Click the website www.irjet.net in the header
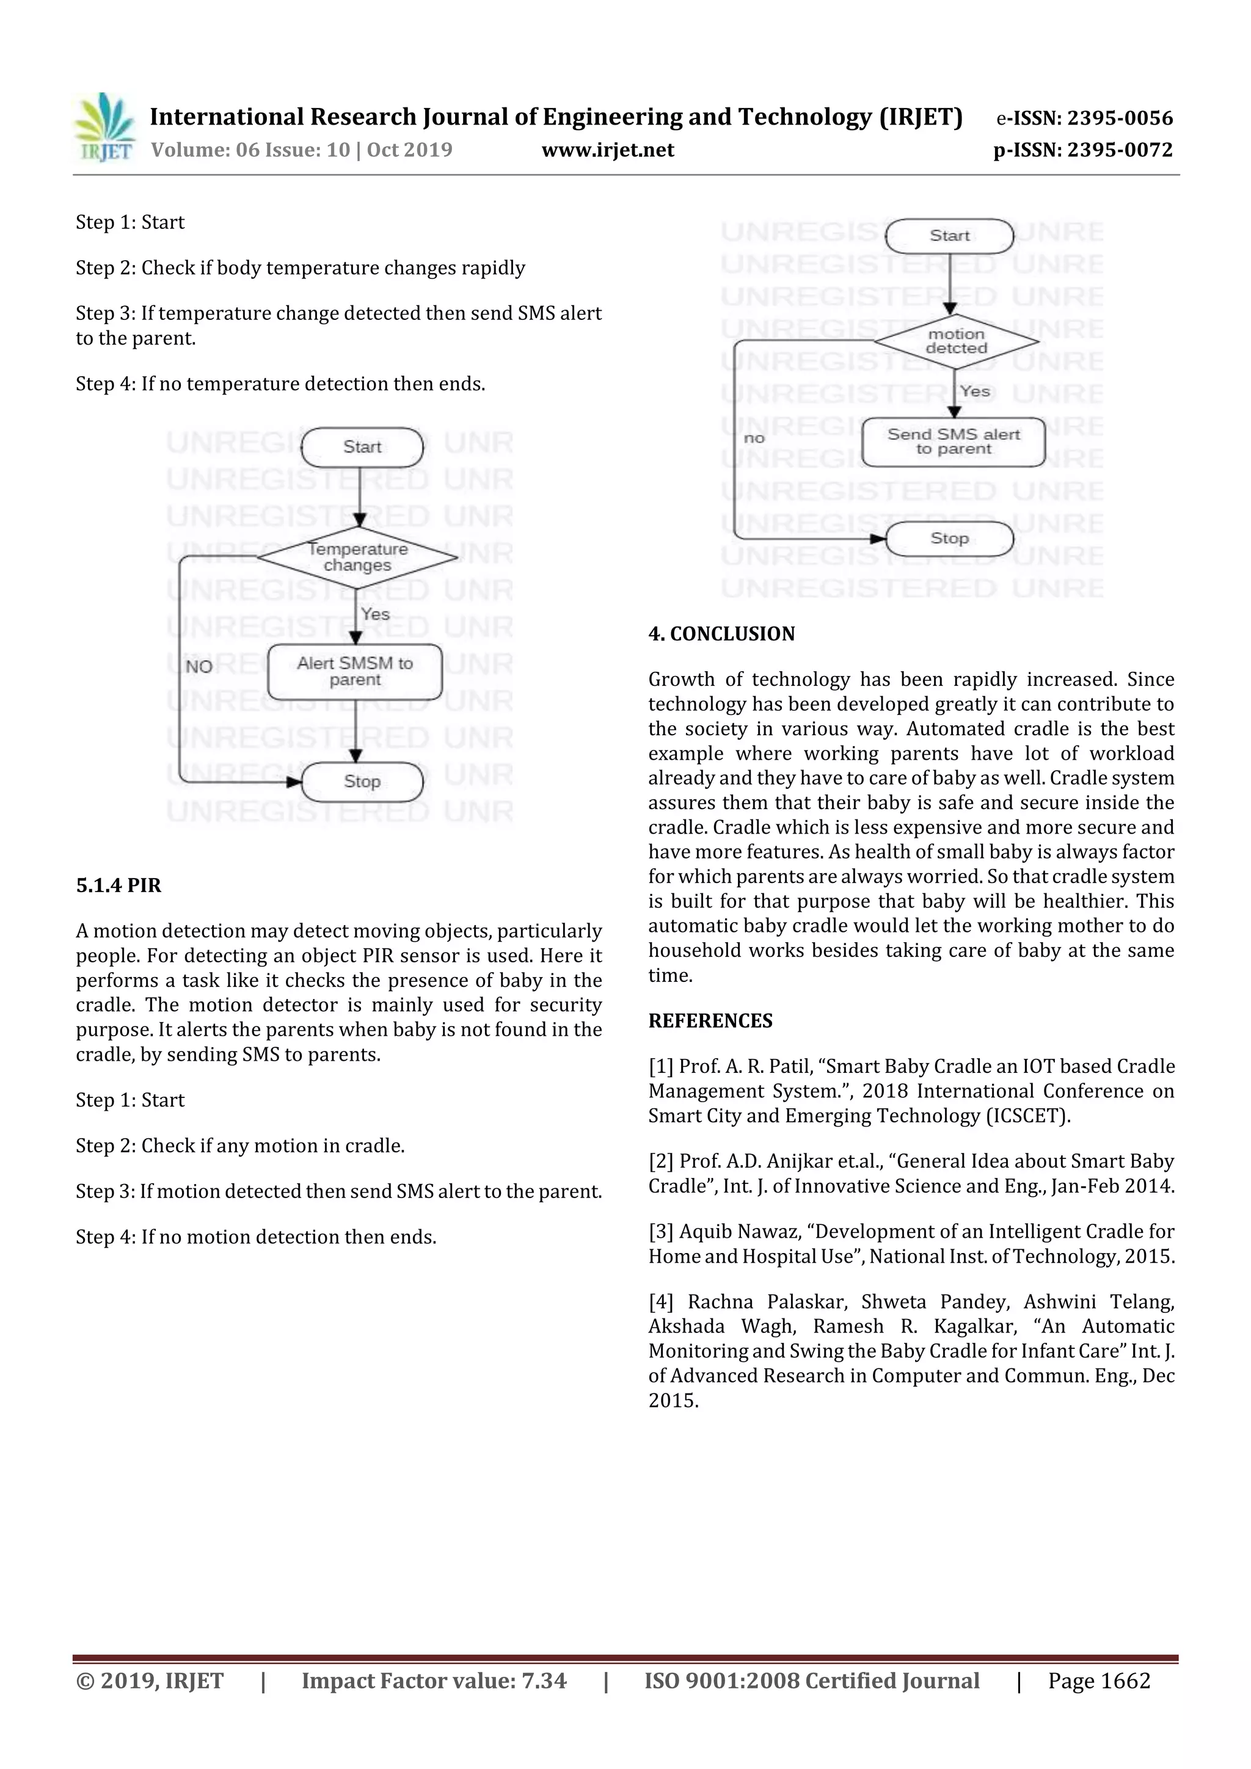[x=607, y=150]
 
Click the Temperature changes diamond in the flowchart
[x=358, y=557]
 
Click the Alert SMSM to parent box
[x=354, y=672]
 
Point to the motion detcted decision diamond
[x=956, y=341]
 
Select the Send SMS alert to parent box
[x=954, y=442]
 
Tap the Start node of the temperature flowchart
[x=362, y=448]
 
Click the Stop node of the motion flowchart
[x=949, y=539]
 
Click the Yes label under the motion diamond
[x=975, y=392]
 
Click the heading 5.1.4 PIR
[x=119, y=885]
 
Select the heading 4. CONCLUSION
[x=721, y=634]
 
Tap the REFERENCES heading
[x=710, y=1021]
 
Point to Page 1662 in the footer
[x=1098, y=1681]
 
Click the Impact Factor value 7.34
[x=544, y=1681]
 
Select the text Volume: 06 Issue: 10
[x=250, y=150]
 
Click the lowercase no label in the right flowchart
[x=754, y=438]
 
